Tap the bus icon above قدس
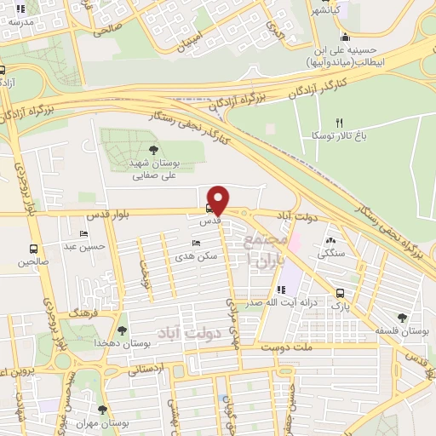tap(209, 207)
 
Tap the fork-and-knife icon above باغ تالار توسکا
tap(339, 123)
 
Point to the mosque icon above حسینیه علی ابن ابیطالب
tap(344, 37)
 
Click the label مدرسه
tap(20, 23)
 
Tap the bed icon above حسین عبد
tap(83, 233)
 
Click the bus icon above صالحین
tap(33, 250)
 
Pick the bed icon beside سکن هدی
tap(197, 243)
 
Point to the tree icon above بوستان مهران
tap(103, 410)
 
